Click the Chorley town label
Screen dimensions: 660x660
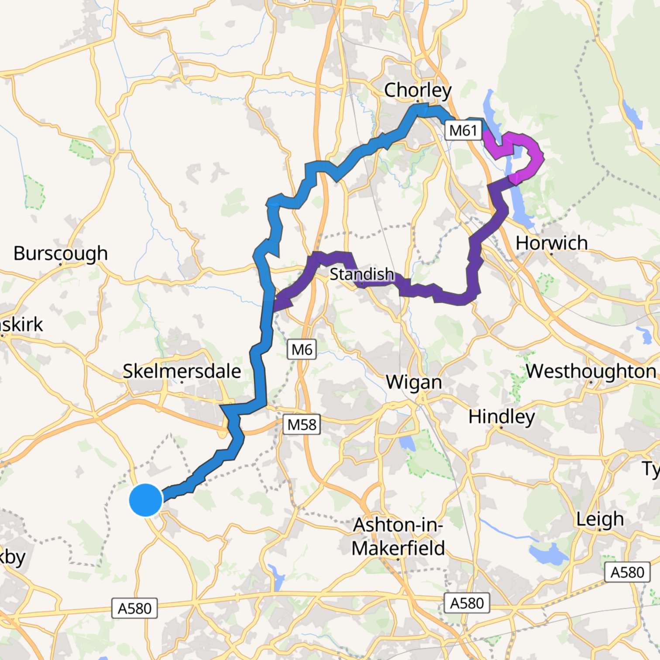tap(417, 90)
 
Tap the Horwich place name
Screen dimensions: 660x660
tap(551, 243)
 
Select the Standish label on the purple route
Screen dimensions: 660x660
tap(361, 274)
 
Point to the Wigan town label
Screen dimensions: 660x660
tap(414, 382)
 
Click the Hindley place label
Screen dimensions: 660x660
tap(502, 417)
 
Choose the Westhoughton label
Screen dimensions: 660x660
tap(591, 371)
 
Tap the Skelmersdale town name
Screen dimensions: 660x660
tap(182, 371)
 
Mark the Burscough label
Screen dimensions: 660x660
tap(60, 253)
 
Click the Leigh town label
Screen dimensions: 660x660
tap(600, 519)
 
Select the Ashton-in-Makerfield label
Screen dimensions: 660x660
tap(398, 536)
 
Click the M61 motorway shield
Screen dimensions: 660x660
tap(463, 130)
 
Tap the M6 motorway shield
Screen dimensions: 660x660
tap(302, 350)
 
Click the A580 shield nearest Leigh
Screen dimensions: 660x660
tap(627, 572)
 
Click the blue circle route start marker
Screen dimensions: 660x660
tap(146, 500)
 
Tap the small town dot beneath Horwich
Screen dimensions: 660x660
tap(551, 254)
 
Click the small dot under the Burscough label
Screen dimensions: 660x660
tap(60, 264)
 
